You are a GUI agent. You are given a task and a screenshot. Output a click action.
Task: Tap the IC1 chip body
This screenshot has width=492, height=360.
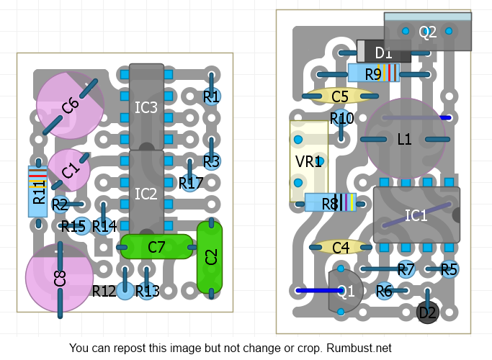(416, 215)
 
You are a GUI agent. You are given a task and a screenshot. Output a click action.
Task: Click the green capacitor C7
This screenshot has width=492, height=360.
(156, 247)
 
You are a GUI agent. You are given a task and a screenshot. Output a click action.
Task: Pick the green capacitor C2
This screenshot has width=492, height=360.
(210, 256)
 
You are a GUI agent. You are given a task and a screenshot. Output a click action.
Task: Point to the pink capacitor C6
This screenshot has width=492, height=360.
(70, 105)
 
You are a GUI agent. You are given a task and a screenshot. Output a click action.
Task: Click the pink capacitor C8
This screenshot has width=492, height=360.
(59, 278)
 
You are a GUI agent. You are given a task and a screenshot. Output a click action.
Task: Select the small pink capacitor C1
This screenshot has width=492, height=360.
(69, 170)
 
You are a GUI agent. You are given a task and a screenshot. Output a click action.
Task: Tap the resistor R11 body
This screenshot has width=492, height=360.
(38, 192)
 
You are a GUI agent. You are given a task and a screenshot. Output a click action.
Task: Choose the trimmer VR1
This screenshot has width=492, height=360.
(308, 161)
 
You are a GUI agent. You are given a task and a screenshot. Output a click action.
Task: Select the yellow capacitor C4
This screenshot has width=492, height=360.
(340, 248)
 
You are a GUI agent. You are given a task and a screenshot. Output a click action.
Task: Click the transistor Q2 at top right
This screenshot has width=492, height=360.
(428, 32)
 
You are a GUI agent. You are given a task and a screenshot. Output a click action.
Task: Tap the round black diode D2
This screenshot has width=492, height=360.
(428, 312)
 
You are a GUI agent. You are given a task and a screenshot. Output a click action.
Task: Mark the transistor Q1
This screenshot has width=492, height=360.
(345, 291)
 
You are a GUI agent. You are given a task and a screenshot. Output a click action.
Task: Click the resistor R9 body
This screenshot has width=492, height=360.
(373, 73)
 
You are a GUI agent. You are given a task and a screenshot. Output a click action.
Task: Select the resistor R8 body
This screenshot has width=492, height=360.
(331, 203)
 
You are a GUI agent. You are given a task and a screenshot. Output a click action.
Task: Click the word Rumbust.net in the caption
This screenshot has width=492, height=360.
(359, 348)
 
